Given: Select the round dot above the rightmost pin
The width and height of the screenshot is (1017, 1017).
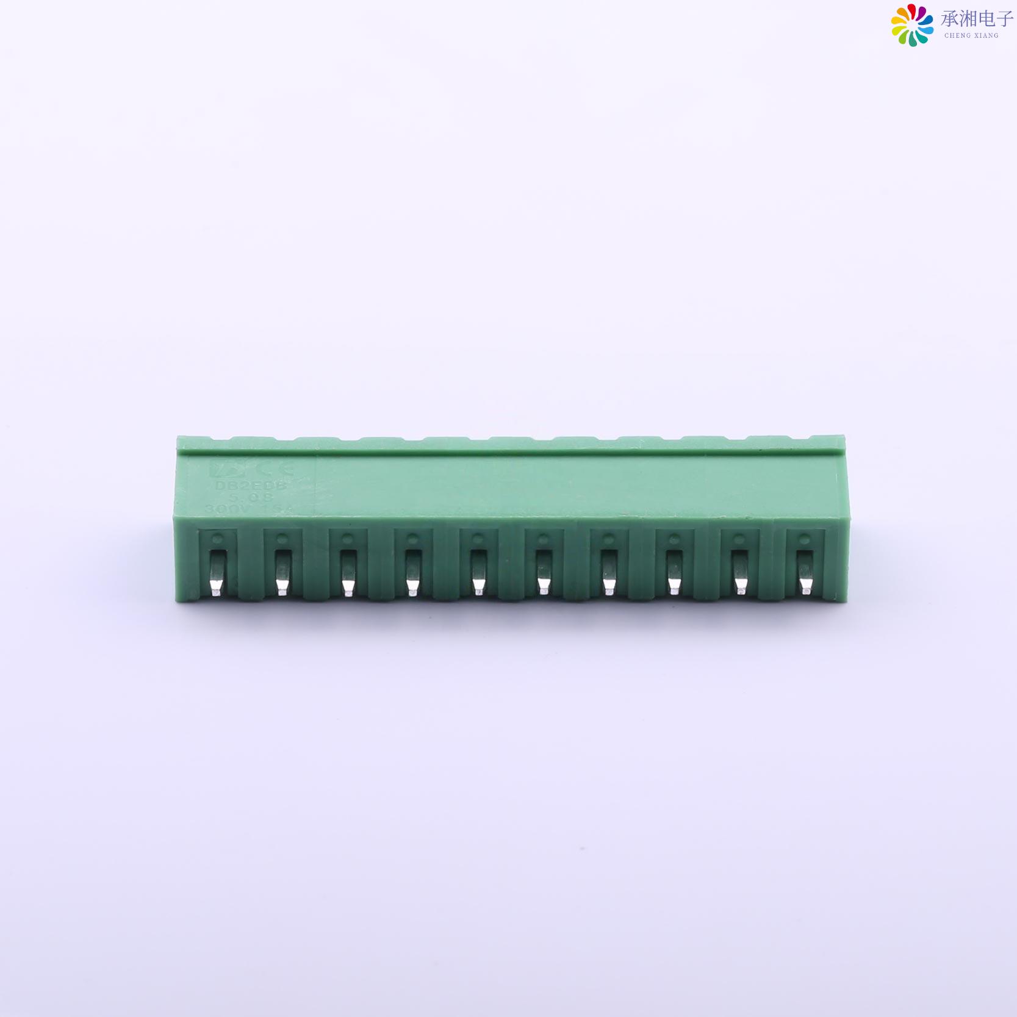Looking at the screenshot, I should tap(804, 539).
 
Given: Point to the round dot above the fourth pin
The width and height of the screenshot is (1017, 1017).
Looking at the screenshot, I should tap(412, 539).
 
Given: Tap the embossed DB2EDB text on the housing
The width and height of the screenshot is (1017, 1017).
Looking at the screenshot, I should tap(251, 486).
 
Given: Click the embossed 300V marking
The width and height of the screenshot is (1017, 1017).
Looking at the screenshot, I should tap(223, 509).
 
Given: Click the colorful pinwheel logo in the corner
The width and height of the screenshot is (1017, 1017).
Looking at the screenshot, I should tap(911, 25).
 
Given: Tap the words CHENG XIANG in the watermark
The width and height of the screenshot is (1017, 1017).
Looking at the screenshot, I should tap(971, 35).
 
